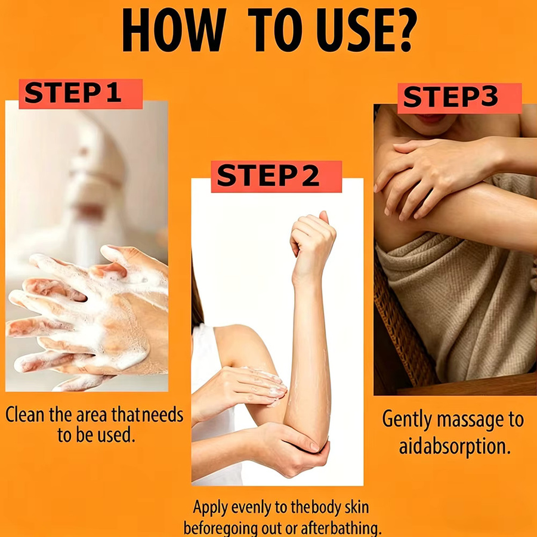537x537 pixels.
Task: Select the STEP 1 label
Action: pyautogui.click(x=81, y=94)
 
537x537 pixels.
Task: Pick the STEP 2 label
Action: pyautogui.click(x=276, y=177)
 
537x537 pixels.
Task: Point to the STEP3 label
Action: pyautogui.click(x=459, y=98)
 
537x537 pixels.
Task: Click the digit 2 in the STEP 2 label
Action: pyautogui.click(x=310, y=175)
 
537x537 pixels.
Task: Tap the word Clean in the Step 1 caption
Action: pyautogui.click(x=25, y=415)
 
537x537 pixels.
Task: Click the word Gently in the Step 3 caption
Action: pyautogui.click(x=406, y=420)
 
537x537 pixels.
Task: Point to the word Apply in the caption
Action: pyautogui.click(x=210, y=508)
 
